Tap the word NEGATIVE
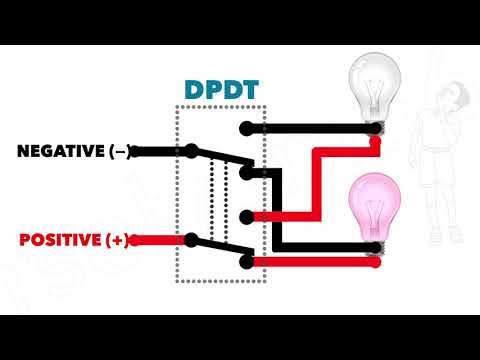(x=61, y=151)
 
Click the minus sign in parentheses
(x=120, y=151)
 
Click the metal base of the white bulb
(x=375, y=127)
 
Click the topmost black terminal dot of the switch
(x=246, y=127)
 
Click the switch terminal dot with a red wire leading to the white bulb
(x=246, y=215)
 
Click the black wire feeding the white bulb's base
(x=310, y=127)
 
